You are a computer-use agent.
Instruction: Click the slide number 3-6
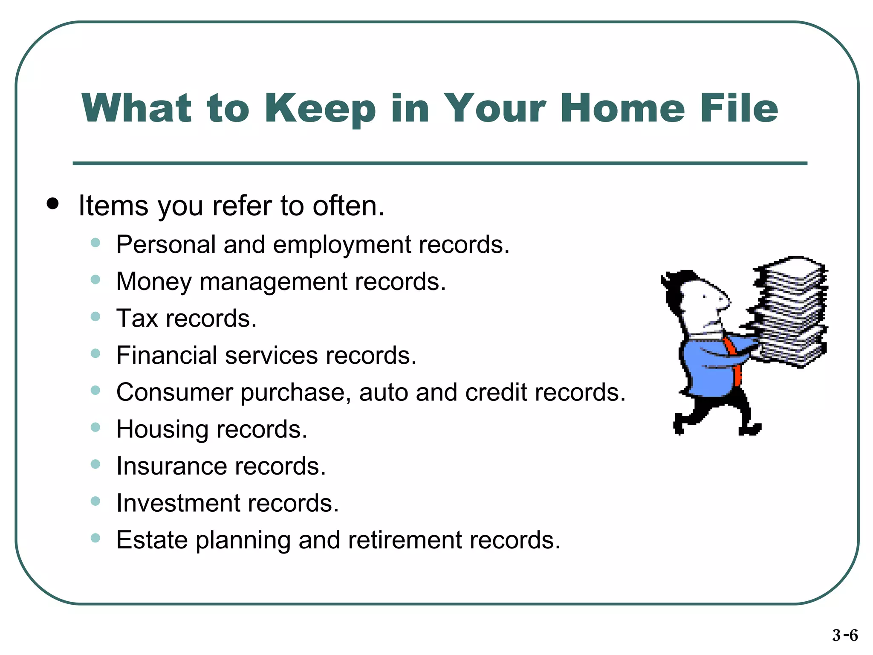(x=844, y=635)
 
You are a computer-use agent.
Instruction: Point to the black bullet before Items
(x=53, y=204)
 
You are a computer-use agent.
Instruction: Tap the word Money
(x=154, y=282)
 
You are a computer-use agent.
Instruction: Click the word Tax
(x=137, y=319)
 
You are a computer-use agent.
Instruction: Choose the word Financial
(x=167, y=355)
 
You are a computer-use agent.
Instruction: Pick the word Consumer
(x=175, y=392)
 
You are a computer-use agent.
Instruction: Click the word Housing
(x=162, y=429)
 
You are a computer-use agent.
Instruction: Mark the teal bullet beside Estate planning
(x=95, y=538)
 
